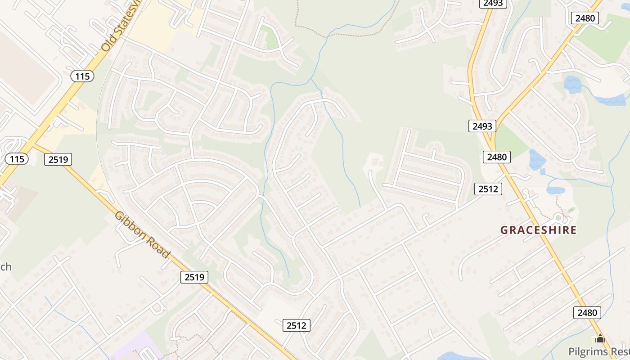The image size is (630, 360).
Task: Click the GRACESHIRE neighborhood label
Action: [538, 230]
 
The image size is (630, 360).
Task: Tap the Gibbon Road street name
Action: [142, 234]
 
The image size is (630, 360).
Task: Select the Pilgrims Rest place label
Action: [598, 351]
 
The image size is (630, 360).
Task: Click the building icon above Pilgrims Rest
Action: [600, 338]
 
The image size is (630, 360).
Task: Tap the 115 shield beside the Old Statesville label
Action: [82, 76]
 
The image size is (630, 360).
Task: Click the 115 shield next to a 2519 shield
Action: [17, 158]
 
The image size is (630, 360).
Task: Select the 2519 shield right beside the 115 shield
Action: [58, 159]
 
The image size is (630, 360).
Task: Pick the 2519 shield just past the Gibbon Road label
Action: [195, 277]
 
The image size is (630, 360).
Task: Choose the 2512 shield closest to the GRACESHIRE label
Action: [488, 189]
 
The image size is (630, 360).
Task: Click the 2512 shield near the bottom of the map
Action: [297, 325]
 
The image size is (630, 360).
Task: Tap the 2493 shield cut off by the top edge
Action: [494, 3]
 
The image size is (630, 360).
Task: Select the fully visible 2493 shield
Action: [482, 126]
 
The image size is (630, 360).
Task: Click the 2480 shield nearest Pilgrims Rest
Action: [587, 312]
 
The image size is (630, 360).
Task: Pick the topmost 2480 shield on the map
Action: [585, 18]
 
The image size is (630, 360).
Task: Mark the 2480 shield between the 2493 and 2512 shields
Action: [497, 157]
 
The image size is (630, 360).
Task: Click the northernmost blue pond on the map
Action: [572, 84]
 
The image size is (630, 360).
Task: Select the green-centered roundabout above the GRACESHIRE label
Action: [558, 218]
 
